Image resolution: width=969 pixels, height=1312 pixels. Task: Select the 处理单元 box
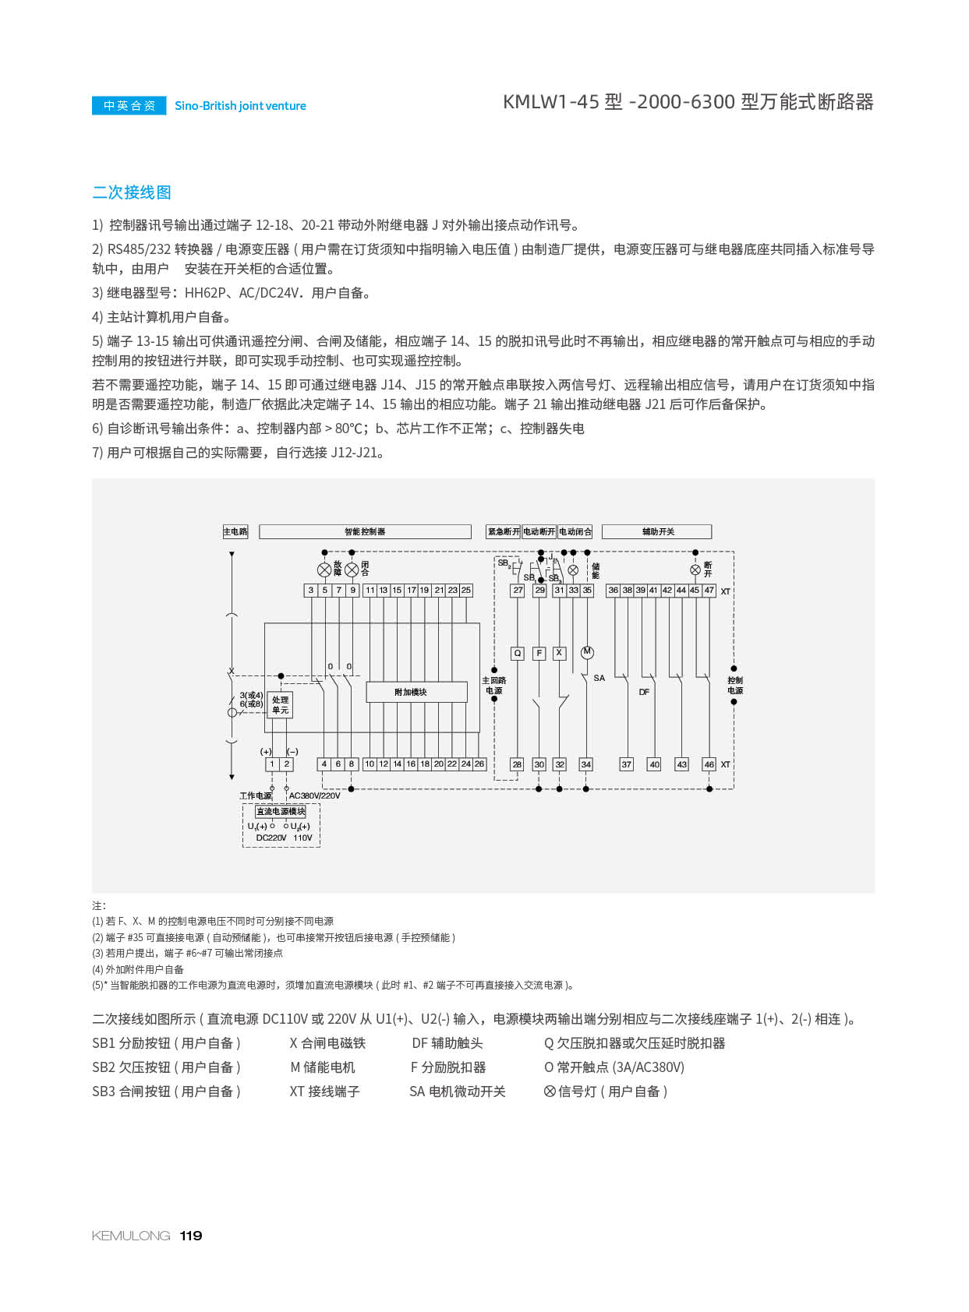[x=280, y=705]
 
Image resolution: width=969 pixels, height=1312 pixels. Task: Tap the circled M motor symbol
[x=587, y=652]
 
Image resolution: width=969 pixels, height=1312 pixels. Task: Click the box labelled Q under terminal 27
[x=518, y=654]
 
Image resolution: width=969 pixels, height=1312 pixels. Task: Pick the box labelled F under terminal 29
[x=539, y=654]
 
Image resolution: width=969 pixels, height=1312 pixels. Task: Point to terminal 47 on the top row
[x=709, y=591]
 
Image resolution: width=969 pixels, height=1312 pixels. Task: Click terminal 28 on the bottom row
[x=517, y=764]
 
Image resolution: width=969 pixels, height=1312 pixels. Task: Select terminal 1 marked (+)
[x=272, y=764]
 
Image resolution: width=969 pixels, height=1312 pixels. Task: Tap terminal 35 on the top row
[x=587, y=591]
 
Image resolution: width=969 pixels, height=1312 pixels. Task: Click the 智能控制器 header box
[x=365, y=531]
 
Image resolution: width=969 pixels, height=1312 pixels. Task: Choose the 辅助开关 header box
[x=657, y=531]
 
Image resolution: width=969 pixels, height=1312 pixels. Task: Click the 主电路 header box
[x=235, y=531]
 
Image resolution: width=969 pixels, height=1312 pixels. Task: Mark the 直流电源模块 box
[x=281, y=812]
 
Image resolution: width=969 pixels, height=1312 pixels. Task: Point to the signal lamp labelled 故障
[x=324, y=570]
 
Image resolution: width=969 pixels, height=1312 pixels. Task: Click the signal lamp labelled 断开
[x=695, y=570]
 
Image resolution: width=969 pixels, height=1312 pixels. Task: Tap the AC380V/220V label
[x=314, y=795]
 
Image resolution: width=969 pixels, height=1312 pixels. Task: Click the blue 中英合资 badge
[x=129, y=105]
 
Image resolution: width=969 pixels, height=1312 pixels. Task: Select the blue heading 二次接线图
[x=132, y=192]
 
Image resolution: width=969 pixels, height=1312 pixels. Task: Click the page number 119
[x=191, y=1236]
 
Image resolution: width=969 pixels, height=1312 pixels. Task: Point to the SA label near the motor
[x=599, y=678]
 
